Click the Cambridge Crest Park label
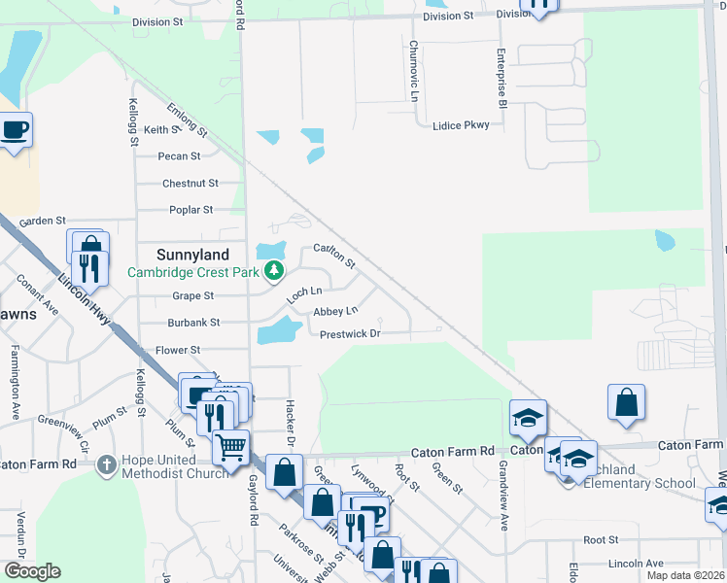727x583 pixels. [x=193, y=272]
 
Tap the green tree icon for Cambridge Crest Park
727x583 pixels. [x=275, y=271]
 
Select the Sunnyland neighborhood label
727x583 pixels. [x=193, y=255]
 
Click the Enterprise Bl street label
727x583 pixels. [x=502, y=77]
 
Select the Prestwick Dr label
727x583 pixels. [x=349, y=334]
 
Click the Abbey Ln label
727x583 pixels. [x=335, y=311]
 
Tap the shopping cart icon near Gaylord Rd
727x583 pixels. [x=230, y=448]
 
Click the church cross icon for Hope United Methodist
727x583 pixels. [x=109, y=464]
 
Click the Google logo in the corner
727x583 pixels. [x=32, y=571]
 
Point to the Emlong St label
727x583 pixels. [x=188, y=118]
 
